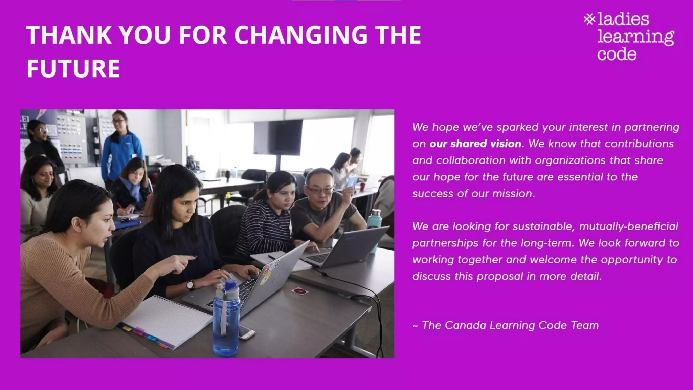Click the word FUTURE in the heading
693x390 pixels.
(73, 68)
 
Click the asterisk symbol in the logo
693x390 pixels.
(589, 19)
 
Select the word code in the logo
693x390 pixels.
(617, 55)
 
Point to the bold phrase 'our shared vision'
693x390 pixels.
(475, 144)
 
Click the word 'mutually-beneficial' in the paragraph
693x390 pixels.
(628, 226)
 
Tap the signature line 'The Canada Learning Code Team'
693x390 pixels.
(510, 325)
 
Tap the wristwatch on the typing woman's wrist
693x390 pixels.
(191, 285)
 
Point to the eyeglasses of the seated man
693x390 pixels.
(320, 190)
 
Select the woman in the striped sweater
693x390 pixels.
(267, 217)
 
